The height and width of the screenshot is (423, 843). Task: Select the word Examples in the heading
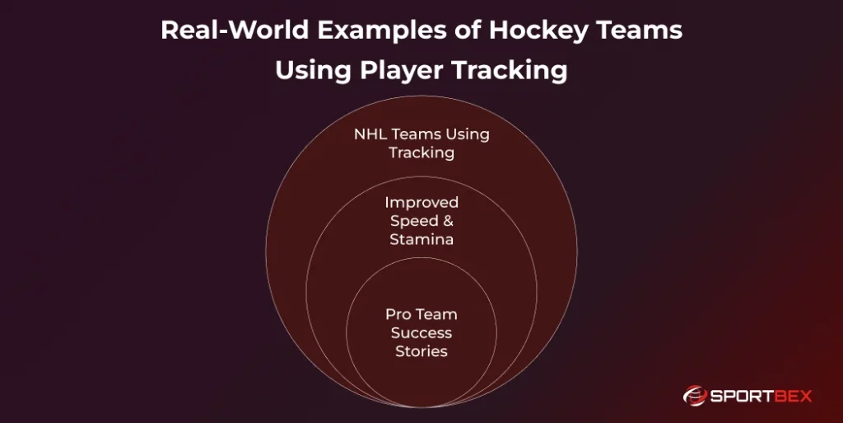tap(382, 31)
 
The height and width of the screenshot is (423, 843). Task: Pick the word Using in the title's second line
tap(313, 71)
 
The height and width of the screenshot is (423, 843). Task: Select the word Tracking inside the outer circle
tap(421, 153)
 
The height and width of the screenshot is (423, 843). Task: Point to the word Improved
tap(421, 203)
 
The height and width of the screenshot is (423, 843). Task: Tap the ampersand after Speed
tap(448, 221)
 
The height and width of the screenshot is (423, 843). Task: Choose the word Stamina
tap(421, 239)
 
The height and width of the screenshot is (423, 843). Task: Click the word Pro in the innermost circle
tap(398, 315)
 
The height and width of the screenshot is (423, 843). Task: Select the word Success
tap(421, 333)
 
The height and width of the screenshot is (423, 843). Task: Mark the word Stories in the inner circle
tap(421, 351)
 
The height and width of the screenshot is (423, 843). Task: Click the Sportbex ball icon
tap(694, 396)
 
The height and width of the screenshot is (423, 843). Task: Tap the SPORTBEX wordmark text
tap(761, 397)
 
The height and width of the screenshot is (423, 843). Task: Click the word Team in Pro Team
tap(436, 315)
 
